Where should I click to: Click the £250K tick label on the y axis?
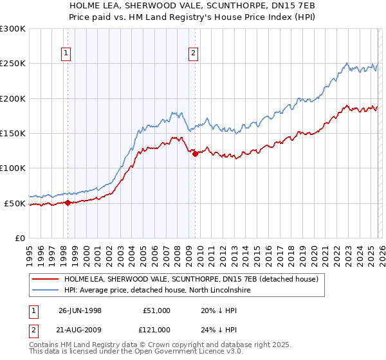pos(12,64)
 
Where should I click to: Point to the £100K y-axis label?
pos(12,168)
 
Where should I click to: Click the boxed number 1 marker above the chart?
pos(68,54)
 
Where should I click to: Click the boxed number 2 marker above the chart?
pos(194,54)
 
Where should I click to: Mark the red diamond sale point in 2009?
pos(194,153)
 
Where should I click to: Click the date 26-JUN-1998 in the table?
pos(80,310)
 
